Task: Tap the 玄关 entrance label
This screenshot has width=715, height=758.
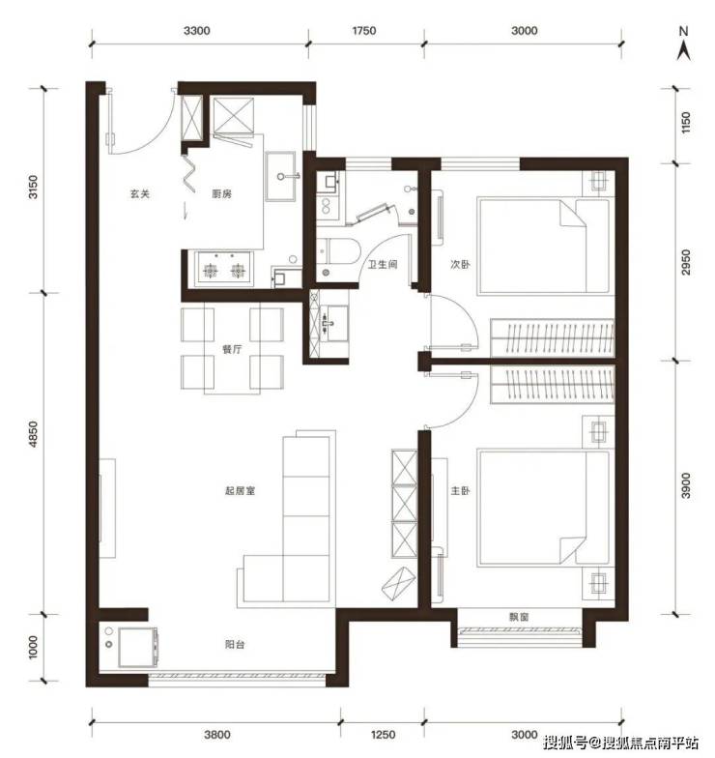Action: [x=140, y=193]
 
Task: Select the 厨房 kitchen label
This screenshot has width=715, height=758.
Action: [x=222, y=193]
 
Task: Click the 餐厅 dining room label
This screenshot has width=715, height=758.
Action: [x=232, y=349]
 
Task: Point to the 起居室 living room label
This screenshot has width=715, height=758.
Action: [x=240, y=491]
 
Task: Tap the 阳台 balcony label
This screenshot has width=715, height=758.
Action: [x=235, y=644]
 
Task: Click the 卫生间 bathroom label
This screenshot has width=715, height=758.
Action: [x=383, y=265]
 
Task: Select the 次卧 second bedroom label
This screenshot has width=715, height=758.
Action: [x=460, y=265]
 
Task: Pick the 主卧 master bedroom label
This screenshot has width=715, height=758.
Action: [x=460, y=491]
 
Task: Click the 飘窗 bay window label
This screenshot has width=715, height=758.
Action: [x=519, y=617]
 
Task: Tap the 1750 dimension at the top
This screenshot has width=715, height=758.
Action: [x=363, y=31]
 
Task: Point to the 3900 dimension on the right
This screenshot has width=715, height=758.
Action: [x=686, y=485]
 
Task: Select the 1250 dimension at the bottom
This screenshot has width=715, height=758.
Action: [x=383, y=735]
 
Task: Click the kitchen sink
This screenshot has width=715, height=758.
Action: [x=280, y=176]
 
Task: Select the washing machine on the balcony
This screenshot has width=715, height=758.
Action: [x=137, y=648]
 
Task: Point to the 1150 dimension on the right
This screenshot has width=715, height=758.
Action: [x=686, y=124]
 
